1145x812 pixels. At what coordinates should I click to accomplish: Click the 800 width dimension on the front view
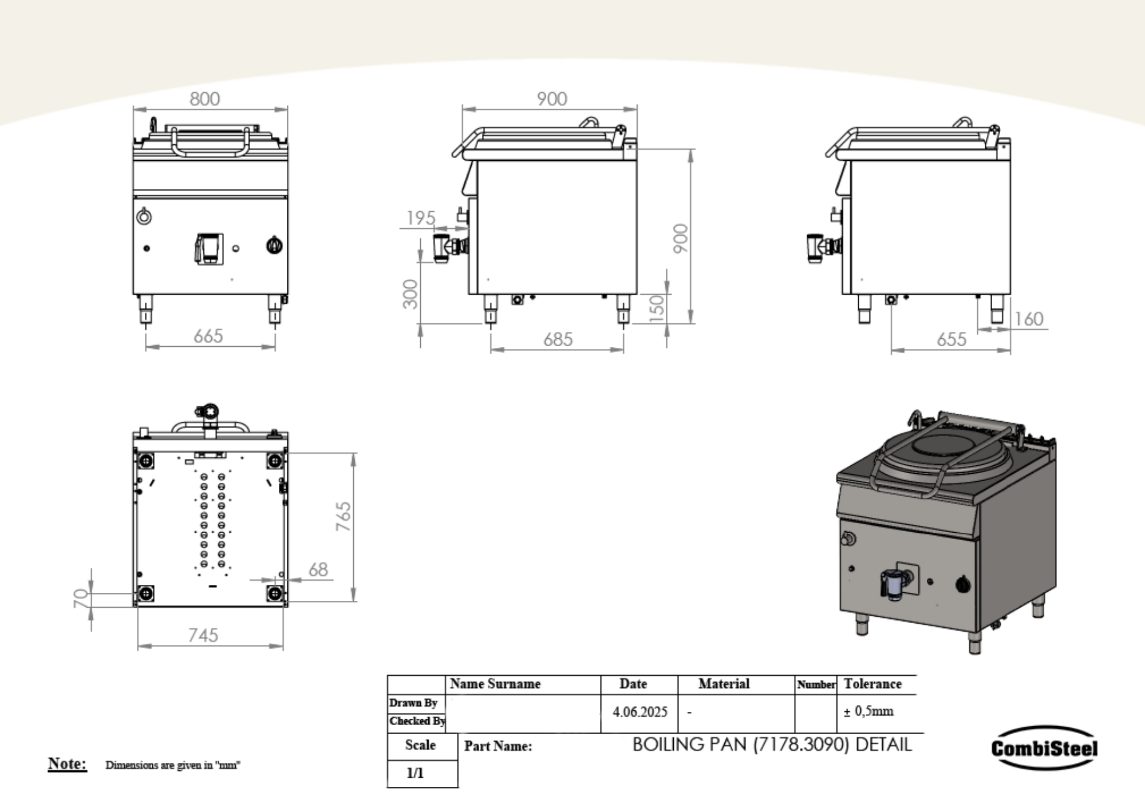click(x=204, y=99)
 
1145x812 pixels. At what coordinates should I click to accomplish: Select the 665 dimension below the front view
click(x=208, y=336)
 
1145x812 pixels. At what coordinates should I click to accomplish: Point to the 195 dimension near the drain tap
click(x=421, y=218)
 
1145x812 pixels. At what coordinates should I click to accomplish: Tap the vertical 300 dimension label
click(x=410, y=294)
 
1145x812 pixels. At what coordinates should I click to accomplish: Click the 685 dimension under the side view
click(x=558, y=339)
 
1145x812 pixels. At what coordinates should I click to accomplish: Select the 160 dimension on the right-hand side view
click(x=1029, y=319)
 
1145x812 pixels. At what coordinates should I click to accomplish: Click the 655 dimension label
click(x=951, y=339)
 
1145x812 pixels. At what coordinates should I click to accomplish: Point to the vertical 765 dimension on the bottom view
click(x=343, y=516)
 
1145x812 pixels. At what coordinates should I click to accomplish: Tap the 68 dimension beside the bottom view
click(x=318, y=569)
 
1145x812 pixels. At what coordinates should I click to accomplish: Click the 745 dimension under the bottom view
click(x=203, y=635)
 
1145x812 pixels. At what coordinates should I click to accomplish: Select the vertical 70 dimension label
click(x=81, y=598)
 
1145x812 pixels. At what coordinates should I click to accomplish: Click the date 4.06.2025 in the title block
click(x=639, y=712)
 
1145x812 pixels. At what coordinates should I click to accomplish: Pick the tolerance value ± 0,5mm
click(x=868, y=711)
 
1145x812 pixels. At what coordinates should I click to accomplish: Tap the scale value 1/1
click(x=415, y=773)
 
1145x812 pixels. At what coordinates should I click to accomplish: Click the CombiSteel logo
click(x=1044, y=748)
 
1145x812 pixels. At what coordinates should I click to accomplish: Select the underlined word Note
click(x=67, y=763)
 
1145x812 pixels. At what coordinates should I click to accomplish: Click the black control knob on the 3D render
click(x=964, y=584)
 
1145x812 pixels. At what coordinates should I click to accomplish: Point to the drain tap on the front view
click(x=209, y=248)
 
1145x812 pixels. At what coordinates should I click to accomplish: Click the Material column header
click(x=724, y=684)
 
